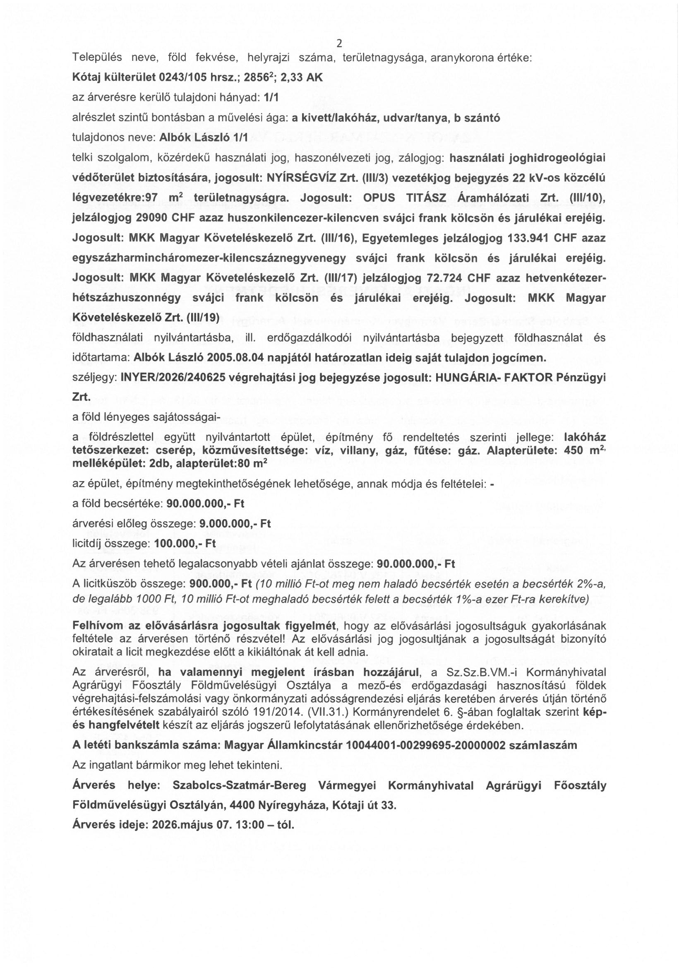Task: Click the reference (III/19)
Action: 202,318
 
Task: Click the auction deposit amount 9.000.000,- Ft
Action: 235,524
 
